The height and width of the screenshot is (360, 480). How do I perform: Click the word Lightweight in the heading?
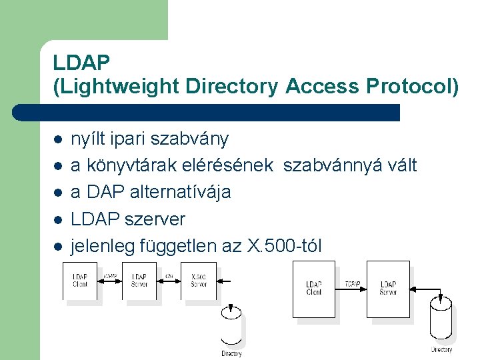tap(118, 86)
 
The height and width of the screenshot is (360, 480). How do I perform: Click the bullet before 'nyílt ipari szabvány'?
tap(58, 139)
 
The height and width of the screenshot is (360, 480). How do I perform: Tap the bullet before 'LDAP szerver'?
tap(58, 219)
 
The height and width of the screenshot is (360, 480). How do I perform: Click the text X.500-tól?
tap(285, 246)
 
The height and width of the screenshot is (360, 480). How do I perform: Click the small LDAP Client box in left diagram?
tap(80, 281)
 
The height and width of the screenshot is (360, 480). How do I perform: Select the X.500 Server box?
tap(198, 281)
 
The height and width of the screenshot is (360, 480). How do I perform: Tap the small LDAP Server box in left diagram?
tap(139, 281)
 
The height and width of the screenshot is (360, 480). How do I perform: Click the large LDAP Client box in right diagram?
tap(314, 289)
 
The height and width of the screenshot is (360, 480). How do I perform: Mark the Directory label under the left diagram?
tap(231, 353)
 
